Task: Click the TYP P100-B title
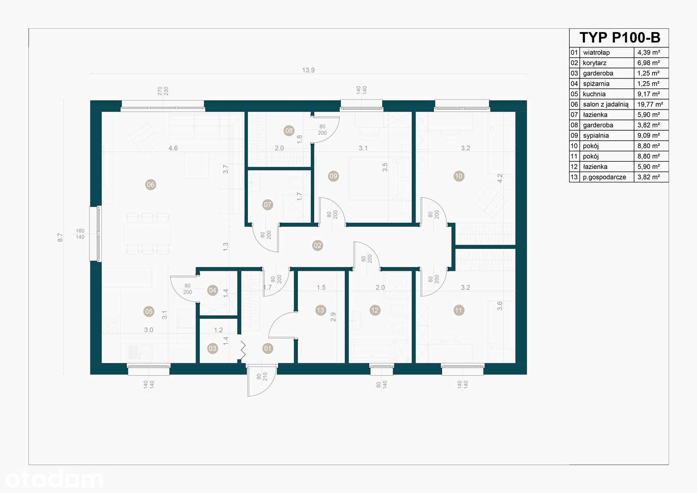619,38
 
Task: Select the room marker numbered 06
151,185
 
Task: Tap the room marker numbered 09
333,176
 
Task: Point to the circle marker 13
320,311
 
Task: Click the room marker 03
212,348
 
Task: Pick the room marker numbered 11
459,311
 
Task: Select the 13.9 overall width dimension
309,70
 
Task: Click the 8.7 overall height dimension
60,238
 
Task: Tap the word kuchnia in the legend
594,94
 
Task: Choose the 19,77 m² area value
651,105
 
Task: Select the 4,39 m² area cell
649,53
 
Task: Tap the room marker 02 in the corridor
317,246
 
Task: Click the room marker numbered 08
289,130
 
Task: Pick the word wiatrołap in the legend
596,53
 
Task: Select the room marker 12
375,311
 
